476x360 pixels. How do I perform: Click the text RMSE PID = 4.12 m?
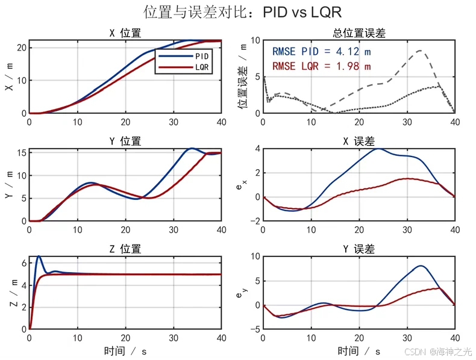321,51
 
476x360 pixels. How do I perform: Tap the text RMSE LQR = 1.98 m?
321,66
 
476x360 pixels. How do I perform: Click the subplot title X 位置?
125,34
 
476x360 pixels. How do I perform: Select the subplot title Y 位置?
125,141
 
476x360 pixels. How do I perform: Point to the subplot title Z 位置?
125,249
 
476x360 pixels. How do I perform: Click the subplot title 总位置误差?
359,34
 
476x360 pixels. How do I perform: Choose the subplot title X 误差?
359,141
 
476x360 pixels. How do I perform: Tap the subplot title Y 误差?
359,249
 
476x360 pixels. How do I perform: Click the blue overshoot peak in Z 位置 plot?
39,256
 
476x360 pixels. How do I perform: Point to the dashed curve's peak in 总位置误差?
419,51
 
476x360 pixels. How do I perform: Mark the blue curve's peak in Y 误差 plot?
421,265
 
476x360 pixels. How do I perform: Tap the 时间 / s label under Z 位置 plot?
125,350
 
